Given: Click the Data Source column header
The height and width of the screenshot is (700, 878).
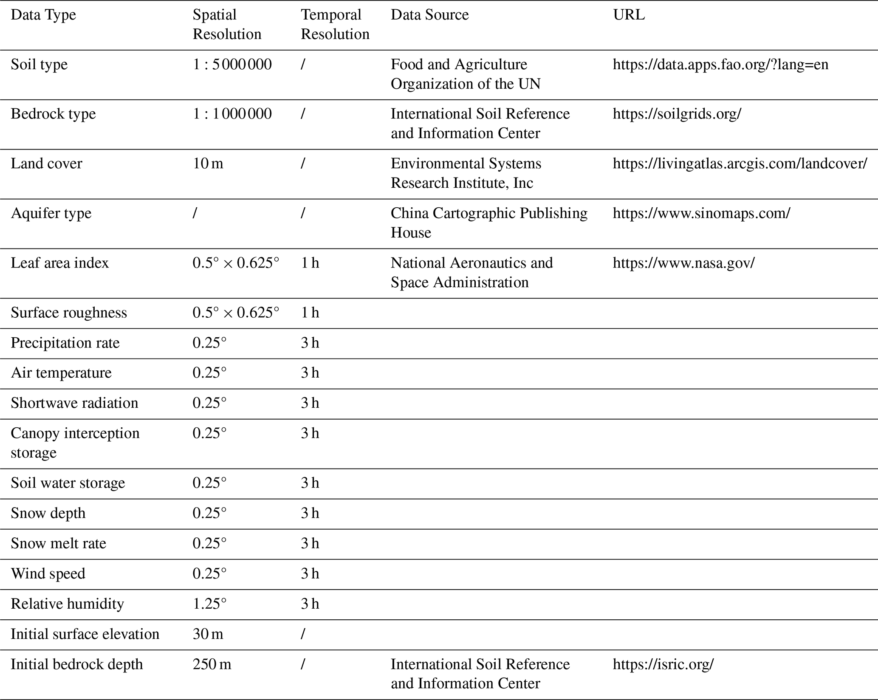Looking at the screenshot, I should (429, 15).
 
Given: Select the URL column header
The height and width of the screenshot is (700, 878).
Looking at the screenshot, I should (629, 15).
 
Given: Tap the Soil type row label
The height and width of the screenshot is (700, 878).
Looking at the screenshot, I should (39, 65).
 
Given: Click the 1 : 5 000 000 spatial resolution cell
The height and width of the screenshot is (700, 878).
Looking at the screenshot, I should (232, 65).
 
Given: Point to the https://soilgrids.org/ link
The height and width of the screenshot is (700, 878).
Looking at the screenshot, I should (677, 114).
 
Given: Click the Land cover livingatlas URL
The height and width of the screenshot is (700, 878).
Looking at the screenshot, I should (740, 164).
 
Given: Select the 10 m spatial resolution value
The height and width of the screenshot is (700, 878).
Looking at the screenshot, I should (208, 164).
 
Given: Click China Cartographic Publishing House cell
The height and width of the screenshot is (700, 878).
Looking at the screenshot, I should (488, 223).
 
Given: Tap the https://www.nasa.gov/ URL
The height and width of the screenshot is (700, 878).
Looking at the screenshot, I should (683, 263).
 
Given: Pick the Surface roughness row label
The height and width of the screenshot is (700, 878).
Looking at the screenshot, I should (69, 313).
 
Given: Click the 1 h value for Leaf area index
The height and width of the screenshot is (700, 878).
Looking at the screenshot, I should (310, 263).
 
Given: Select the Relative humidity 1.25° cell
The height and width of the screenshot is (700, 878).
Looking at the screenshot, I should (209, 604).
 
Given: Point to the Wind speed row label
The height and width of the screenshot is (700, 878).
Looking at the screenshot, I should (48, 573).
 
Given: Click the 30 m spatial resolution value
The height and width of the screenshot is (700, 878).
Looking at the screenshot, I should (208, 634).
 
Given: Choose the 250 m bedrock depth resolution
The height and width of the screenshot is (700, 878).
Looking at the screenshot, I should (212, 664).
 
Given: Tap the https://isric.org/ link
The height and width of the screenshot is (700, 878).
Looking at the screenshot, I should (663, 664).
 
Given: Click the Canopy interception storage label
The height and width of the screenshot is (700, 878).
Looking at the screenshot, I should (75, 443).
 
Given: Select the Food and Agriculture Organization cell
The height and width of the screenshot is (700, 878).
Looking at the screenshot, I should (465, 74).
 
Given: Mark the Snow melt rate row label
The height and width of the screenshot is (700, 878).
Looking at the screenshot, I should (58, 543).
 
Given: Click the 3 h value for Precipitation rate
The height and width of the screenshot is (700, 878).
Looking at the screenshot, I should (310, 343).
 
